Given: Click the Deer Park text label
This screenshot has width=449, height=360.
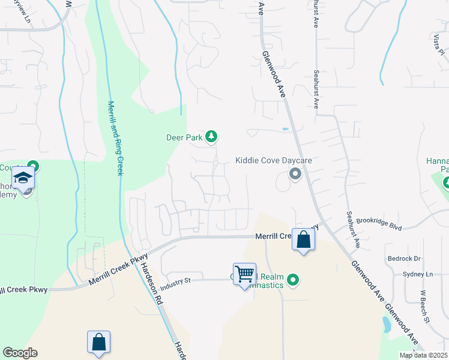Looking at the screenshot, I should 184,137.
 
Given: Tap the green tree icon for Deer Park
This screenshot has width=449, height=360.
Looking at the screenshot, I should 211,137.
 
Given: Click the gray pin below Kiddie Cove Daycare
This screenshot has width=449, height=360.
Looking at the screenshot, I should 295,175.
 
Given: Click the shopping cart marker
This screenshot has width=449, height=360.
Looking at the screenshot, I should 244,274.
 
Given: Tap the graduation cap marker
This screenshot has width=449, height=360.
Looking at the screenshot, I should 23,179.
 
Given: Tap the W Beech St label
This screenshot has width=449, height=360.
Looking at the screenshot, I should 425,306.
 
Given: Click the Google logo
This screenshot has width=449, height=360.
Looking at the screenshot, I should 20,353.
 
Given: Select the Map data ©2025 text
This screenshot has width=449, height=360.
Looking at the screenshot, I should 423,355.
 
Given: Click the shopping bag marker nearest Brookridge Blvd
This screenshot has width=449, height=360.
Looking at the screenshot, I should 304,239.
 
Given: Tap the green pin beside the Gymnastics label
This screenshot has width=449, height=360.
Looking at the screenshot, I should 293,280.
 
